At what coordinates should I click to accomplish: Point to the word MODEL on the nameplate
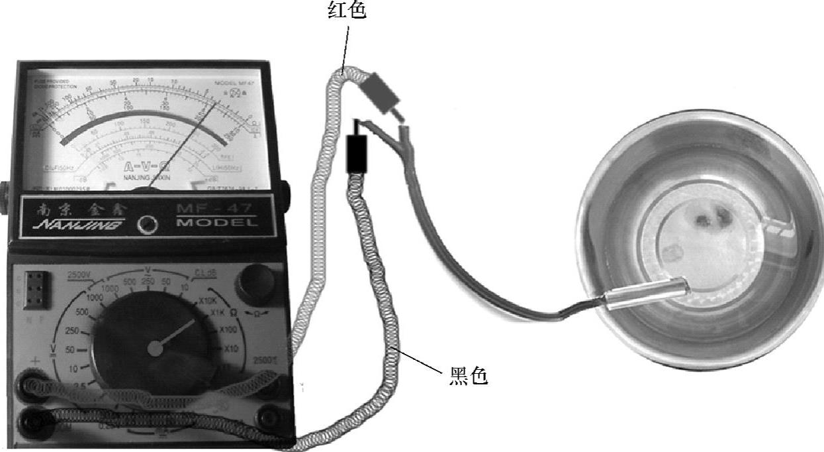point(217,223)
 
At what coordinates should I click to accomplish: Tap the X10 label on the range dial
point(231,349)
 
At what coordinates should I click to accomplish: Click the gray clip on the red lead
point(382,92)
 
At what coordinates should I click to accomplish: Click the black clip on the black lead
point(356,153)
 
